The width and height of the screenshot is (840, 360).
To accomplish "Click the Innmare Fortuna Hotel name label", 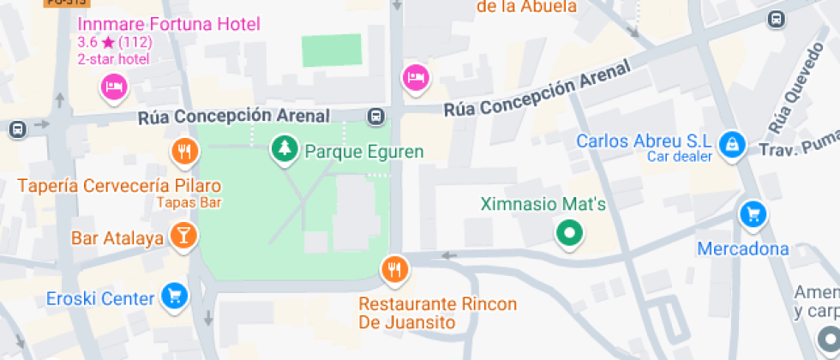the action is [168, 24].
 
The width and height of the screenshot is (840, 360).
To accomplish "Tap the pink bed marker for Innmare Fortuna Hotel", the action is [114, 86].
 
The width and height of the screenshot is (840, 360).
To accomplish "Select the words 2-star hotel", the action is [113, 59].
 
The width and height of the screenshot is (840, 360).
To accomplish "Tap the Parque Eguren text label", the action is [364, 153].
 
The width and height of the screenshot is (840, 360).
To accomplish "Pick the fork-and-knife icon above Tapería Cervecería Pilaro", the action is [184, 153].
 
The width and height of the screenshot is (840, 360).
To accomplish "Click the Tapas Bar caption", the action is [189, 203].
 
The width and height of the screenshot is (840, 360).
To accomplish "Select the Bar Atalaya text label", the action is [117, 238].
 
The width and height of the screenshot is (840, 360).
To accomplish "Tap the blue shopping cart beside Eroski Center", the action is [174, 297].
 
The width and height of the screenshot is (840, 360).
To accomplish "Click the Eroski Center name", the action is [100, 299].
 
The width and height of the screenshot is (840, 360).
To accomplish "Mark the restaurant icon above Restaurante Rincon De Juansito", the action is [394, 270].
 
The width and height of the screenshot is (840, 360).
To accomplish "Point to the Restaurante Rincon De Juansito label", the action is [437, 314].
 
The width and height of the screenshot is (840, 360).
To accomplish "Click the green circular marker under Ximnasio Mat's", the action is [567, 232].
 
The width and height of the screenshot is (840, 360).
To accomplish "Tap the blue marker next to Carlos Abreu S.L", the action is [731, 144].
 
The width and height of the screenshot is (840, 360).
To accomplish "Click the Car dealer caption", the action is [679, 157].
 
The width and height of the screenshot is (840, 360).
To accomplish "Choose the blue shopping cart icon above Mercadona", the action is [753, 214].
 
